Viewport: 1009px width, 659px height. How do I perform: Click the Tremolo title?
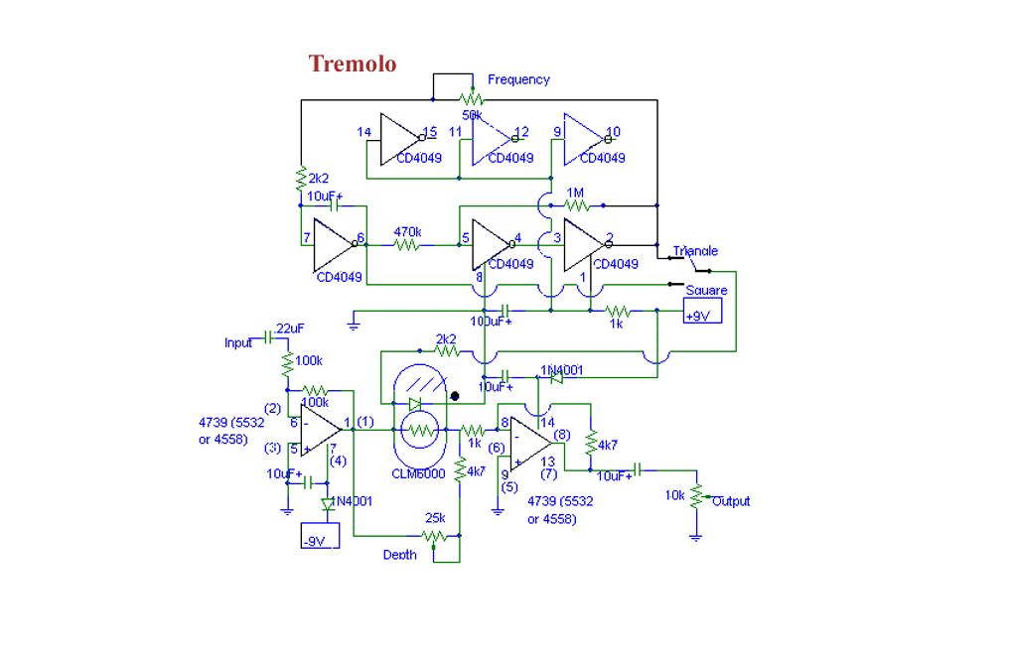click(353, 65)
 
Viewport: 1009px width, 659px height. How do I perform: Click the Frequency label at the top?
click(518, 79)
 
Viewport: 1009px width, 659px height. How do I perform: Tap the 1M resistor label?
click(575, 192)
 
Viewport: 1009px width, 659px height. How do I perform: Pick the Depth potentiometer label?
click(399, 555)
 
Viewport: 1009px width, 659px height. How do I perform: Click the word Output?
click(731, 501)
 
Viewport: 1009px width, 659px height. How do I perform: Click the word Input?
click(238, 343)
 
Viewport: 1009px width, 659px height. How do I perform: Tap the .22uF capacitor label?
click(290, 329)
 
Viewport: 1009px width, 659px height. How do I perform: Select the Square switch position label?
click(706, 291)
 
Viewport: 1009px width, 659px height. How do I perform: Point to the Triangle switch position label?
click(695, 251)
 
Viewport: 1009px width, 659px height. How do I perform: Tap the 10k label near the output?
click(675, 495)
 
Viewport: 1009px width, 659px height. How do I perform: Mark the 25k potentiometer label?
click(435, 518)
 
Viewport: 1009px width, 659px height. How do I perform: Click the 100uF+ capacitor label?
click(491, 322)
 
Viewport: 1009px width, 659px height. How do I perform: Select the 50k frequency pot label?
click(472, 115)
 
